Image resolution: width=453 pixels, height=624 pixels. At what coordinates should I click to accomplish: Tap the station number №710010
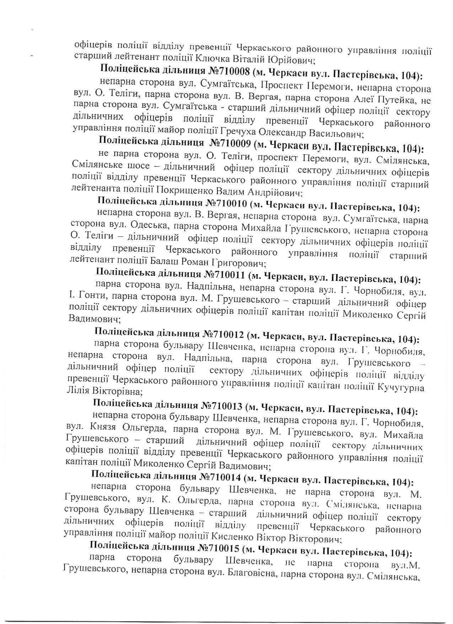coord(226,204)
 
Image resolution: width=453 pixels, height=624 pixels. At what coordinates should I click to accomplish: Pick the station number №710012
coord(223,335)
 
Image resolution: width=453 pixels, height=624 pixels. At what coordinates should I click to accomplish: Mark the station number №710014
coord(220,477)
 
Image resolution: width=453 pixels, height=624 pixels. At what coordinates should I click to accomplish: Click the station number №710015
coord(218,548)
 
